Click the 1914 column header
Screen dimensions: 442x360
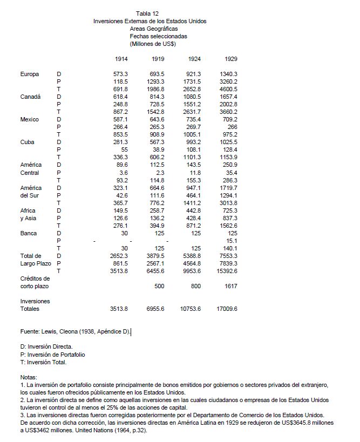[x=121, y=58]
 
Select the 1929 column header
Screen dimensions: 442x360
[x=230, y=58]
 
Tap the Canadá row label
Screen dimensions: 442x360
[x=30, y=96]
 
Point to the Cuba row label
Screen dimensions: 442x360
[x=27, y=142]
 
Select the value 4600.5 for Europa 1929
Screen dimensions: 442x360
[x=228, y=89]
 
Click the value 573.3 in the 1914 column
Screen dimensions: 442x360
[x=120, y=73]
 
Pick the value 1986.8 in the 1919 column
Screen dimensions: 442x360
[x=155, y=89]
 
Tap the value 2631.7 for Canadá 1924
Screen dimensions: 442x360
[x=192, y=112]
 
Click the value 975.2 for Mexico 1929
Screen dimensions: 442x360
[x=230, y=134]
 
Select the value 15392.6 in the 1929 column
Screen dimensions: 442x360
[x=227, y=271]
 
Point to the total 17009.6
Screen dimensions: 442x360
[x=227, y=309]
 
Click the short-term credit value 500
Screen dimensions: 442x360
[x=159, y=286]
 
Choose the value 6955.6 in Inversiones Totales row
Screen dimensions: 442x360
[x=155, y=309]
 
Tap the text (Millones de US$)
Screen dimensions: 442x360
[x=153, y=44]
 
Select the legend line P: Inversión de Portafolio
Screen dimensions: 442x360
[x=52, y=354]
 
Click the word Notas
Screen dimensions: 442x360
[x=28, y=377]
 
